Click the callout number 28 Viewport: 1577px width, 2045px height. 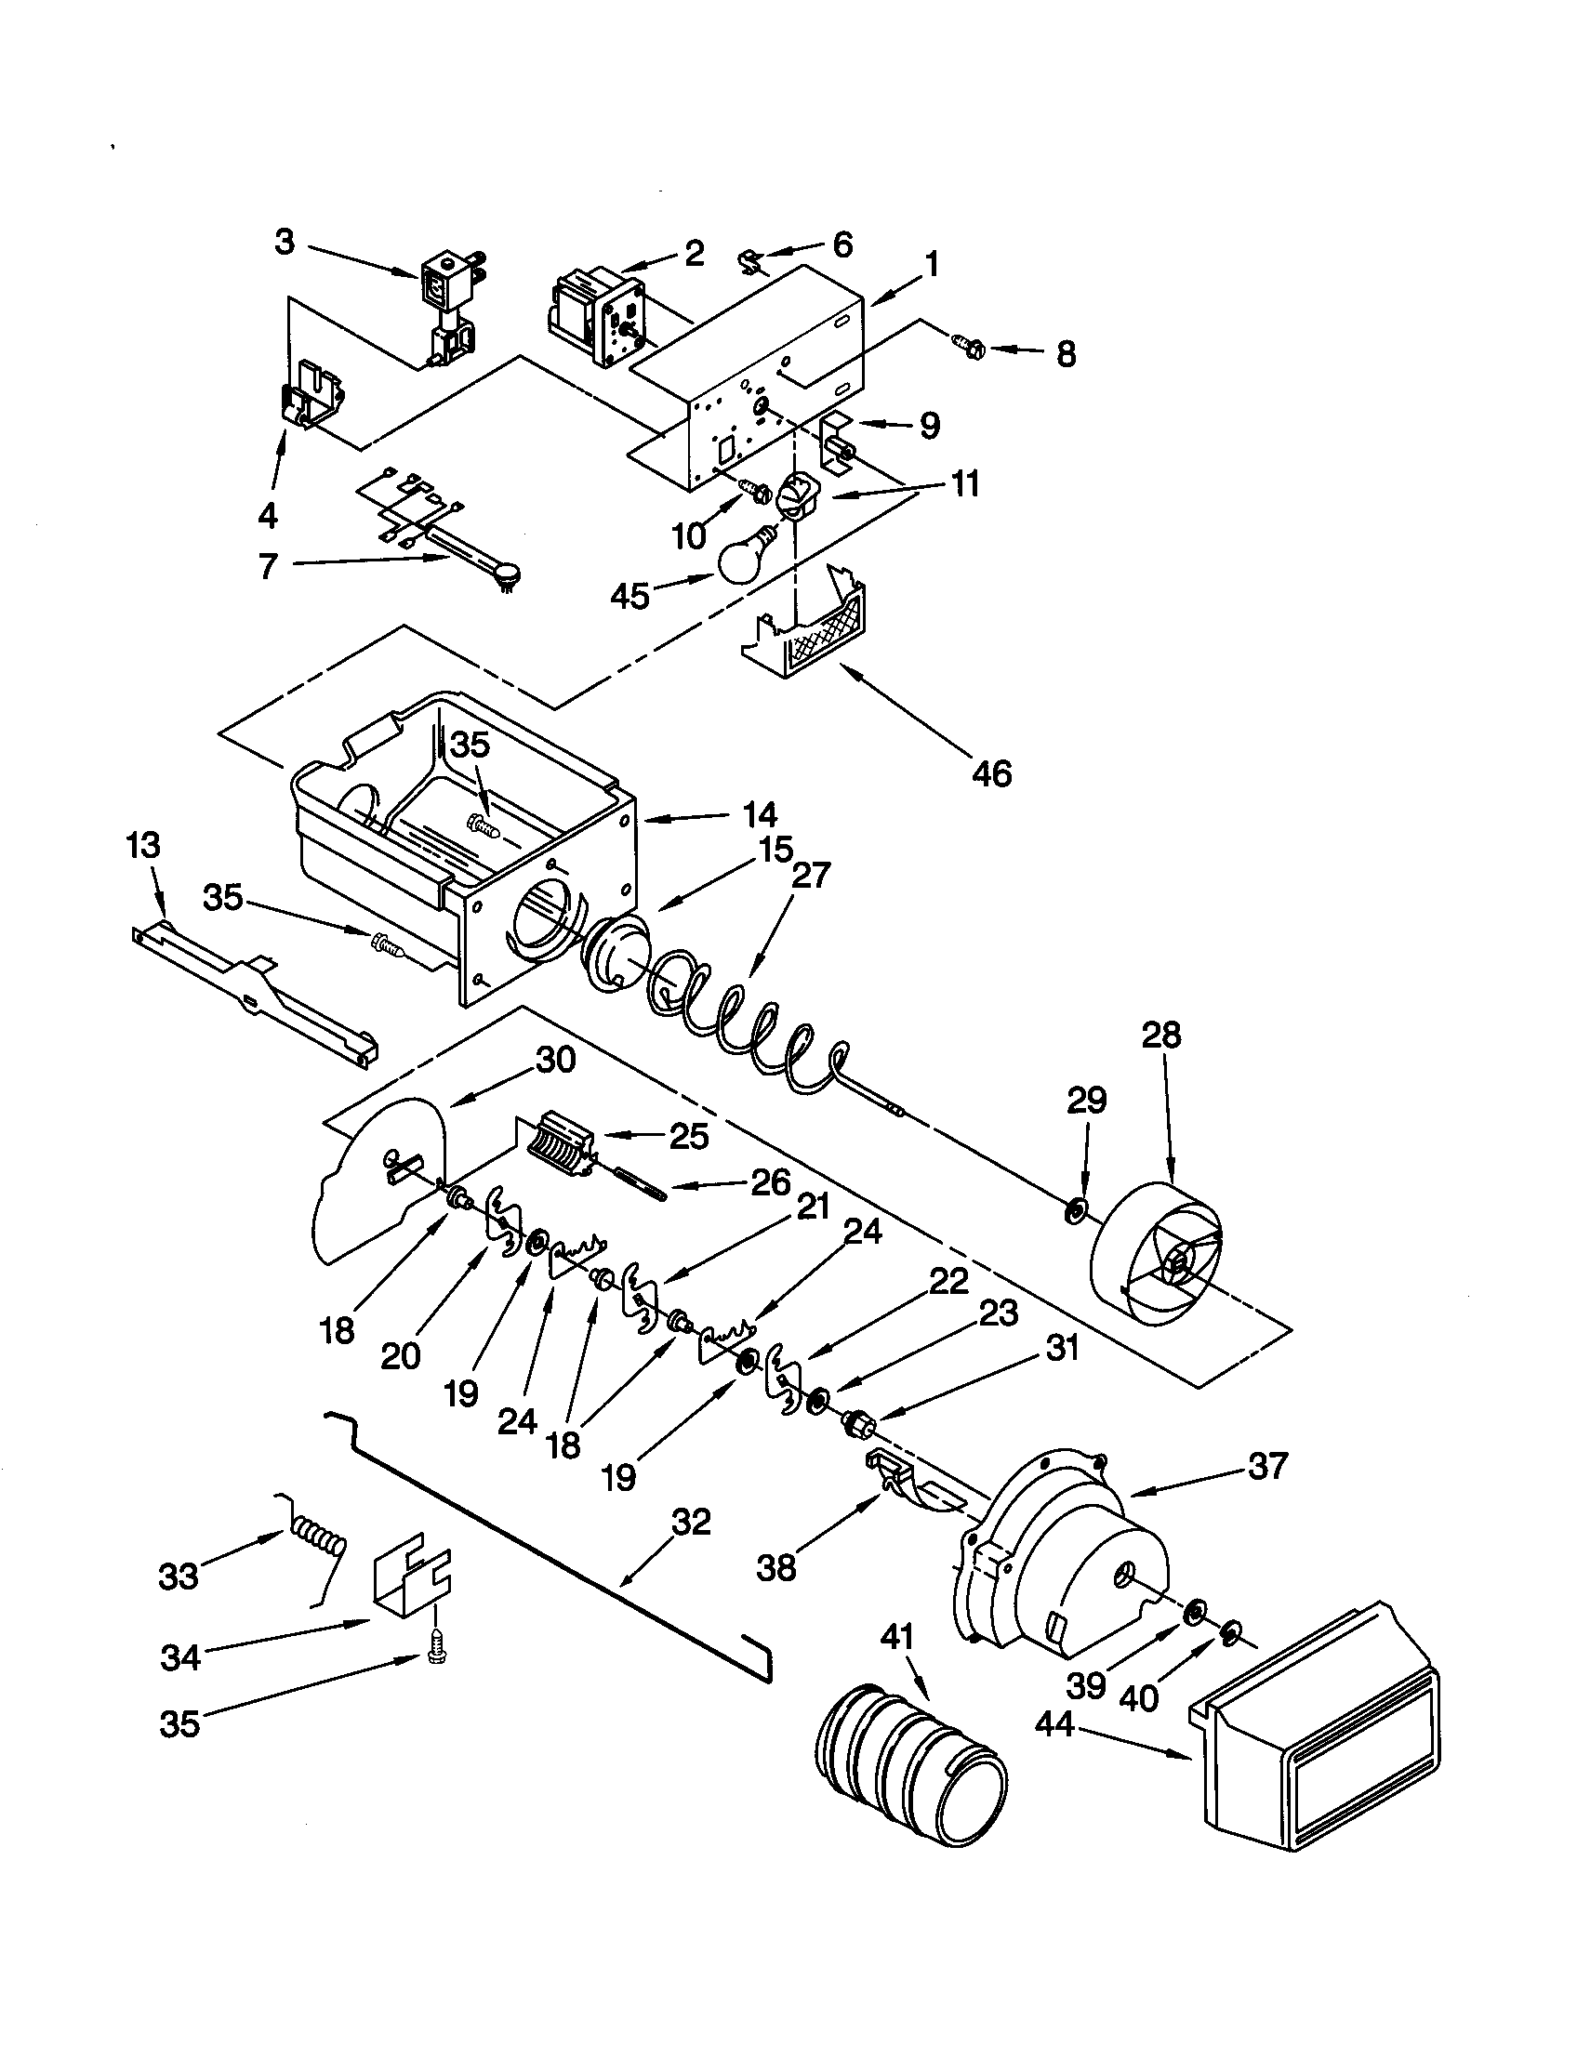[1161, 1036]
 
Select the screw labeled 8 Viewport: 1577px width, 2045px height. [970, 348]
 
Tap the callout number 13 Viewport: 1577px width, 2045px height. [143, 846]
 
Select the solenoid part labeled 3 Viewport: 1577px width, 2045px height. [447, 309]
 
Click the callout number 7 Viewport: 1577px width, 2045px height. [269, 565]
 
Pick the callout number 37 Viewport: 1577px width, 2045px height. [1268, 1465]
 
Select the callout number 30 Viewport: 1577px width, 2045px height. [555, 1061]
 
